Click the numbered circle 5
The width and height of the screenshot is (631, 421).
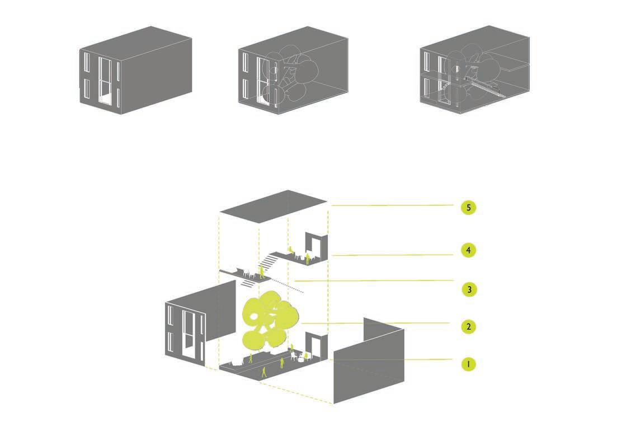[468, 208]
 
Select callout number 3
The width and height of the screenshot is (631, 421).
[468, 289]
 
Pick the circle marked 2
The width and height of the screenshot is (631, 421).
[468, 326]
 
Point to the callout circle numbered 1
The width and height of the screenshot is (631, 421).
[468, 364]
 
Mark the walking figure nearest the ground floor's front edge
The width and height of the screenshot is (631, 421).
[264, 372]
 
